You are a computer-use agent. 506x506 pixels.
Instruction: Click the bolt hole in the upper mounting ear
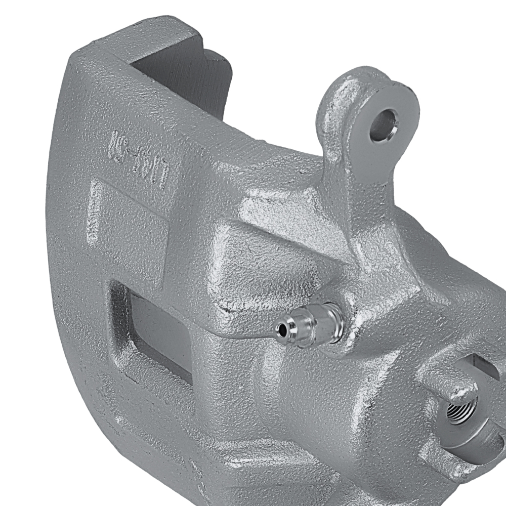click(383, 124)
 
